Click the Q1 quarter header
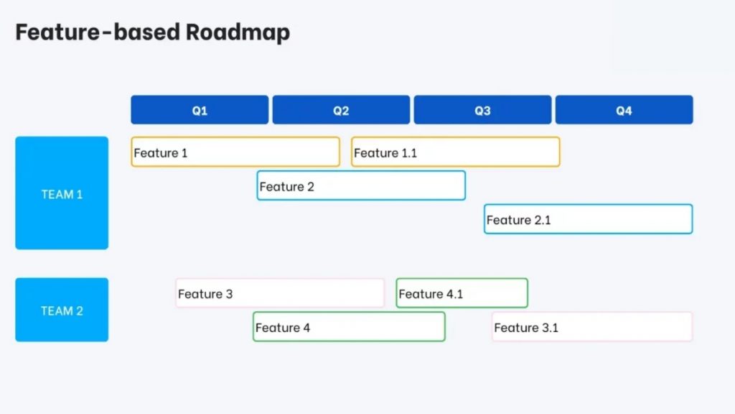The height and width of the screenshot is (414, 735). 200,110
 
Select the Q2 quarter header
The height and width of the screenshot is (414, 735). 341,110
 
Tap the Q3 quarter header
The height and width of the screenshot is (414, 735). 482,110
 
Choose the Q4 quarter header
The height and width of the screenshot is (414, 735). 624,110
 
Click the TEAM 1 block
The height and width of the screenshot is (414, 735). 62,193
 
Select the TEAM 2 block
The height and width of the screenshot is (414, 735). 62,310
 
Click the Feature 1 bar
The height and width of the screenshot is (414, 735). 235,152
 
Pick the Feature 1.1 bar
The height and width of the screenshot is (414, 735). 455,152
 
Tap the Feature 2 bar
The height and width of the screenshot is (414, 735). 361,185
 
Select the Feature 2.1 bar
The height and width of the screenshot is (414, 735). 588,219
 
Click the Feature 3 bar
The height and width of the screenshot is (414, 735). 280,293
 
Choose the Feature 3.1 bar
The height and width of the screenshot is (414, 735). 592,327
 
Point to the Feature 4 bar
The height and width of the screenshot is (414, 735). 349,327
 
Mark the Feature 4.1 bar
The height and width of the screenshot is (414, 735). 462,293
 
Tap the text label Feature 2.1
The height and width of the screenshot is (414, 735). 518,220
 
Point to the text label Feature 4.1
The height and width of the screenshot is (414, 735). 431,294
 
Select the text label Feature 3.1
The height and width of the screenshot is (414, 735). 526,328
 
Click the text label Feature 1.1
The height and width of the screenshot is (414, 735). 385,153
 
